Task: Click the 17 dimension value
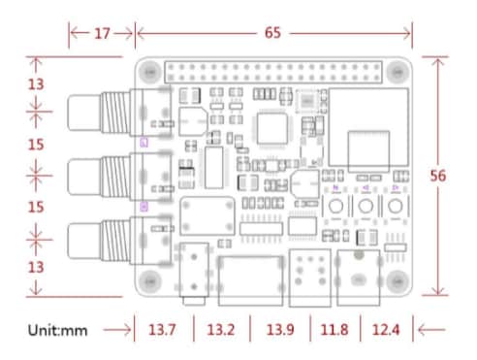pyautogui.click(x=102, y=33)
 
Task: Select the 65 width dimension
pyautogui.click(x=272, y=33)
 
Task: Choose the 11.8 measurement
pyautogui.click(x=335, y=330)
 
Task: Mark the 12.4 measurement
pyautogui.click(x=384, y=330)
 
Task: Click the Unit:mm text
pyautogui.click(x=58, y=330)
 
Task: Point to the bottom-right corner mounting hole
pyautogui.click(x=396, y=280)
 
